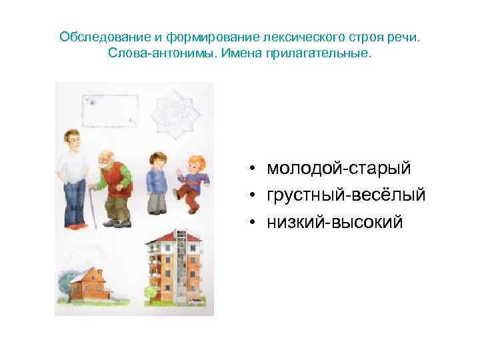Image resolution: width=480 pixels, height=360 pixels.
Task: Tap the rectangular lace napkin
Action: [x=110, y=111]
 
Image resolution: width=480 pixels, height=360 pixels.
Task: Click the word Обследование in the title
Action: [x=98, y=36]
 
